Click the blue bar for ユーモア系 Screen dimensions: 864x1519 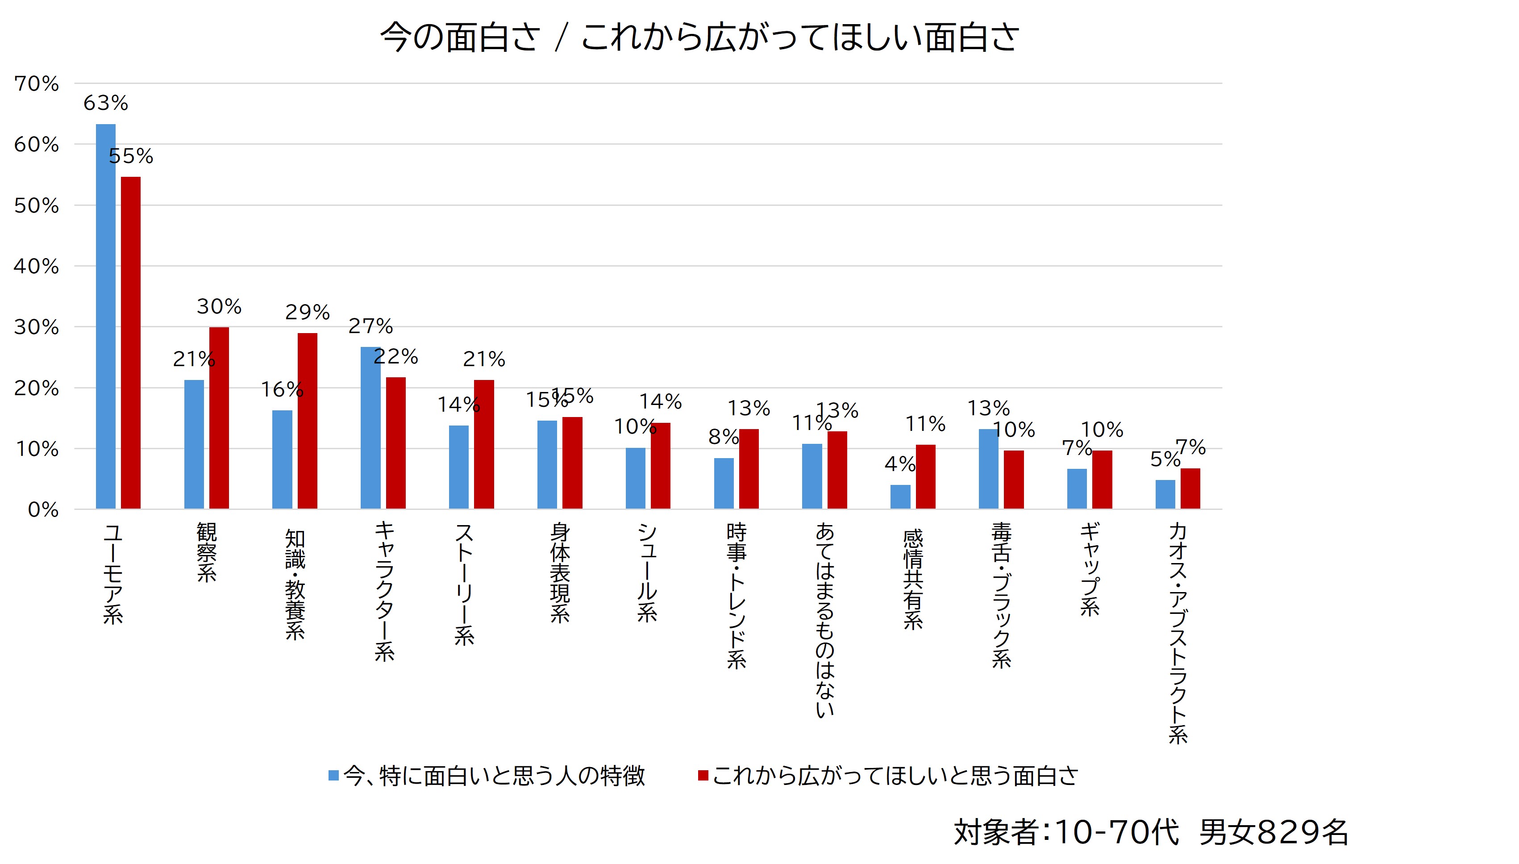point(106,316)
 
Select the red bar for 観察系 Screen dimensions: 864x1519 point(219,418)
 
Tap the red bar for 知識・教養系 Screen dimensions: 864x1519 point(307,421)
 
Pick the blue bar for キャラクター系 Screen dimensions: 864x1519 point(370,427)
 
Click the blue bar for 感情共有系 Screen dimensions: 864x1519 point(900,497)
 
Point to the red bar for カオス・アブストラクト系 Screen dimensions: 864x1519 point(1190,488)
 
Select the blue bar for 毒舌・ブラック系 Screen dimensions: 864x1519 point(988,469)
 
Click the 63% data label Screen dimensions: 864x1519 point(106,103)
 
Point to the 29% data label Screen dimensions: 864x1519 point(307,312)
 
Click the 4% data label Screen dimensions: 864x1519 point(899,464)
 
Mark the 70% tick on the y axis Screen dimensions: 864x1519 point(37,83)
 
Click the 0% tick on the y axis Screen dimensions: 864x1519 point(43,510)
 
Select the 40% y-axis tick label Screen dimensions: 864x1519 point(37,267)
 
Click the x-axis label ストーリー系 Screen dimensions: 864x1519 point(464,584)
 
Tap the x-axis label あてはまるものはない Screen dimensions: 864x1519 point(824,620)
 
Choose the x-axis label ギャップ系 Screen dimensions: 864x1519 point(1090,570)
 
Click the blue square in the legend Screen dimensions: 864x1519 point(334,775)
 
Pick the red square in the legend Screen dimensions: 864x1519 point(703,775)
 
